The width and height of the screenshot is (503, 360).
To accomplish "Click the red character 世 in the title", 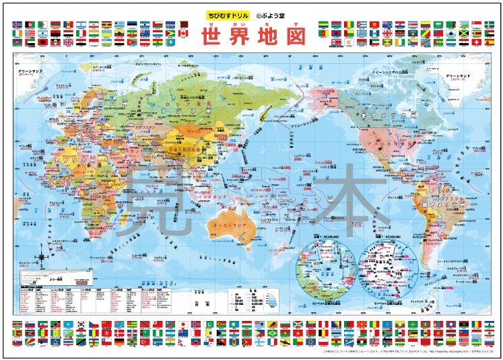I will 215,35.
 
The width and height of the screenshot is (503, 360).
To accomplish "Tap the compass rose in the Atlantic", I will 44,256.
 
